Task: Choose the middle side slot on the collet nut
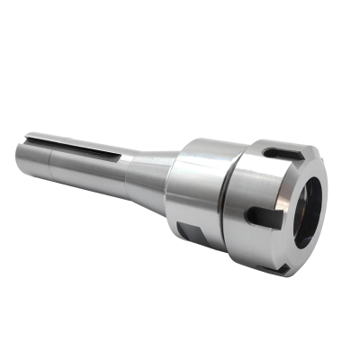261,214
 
